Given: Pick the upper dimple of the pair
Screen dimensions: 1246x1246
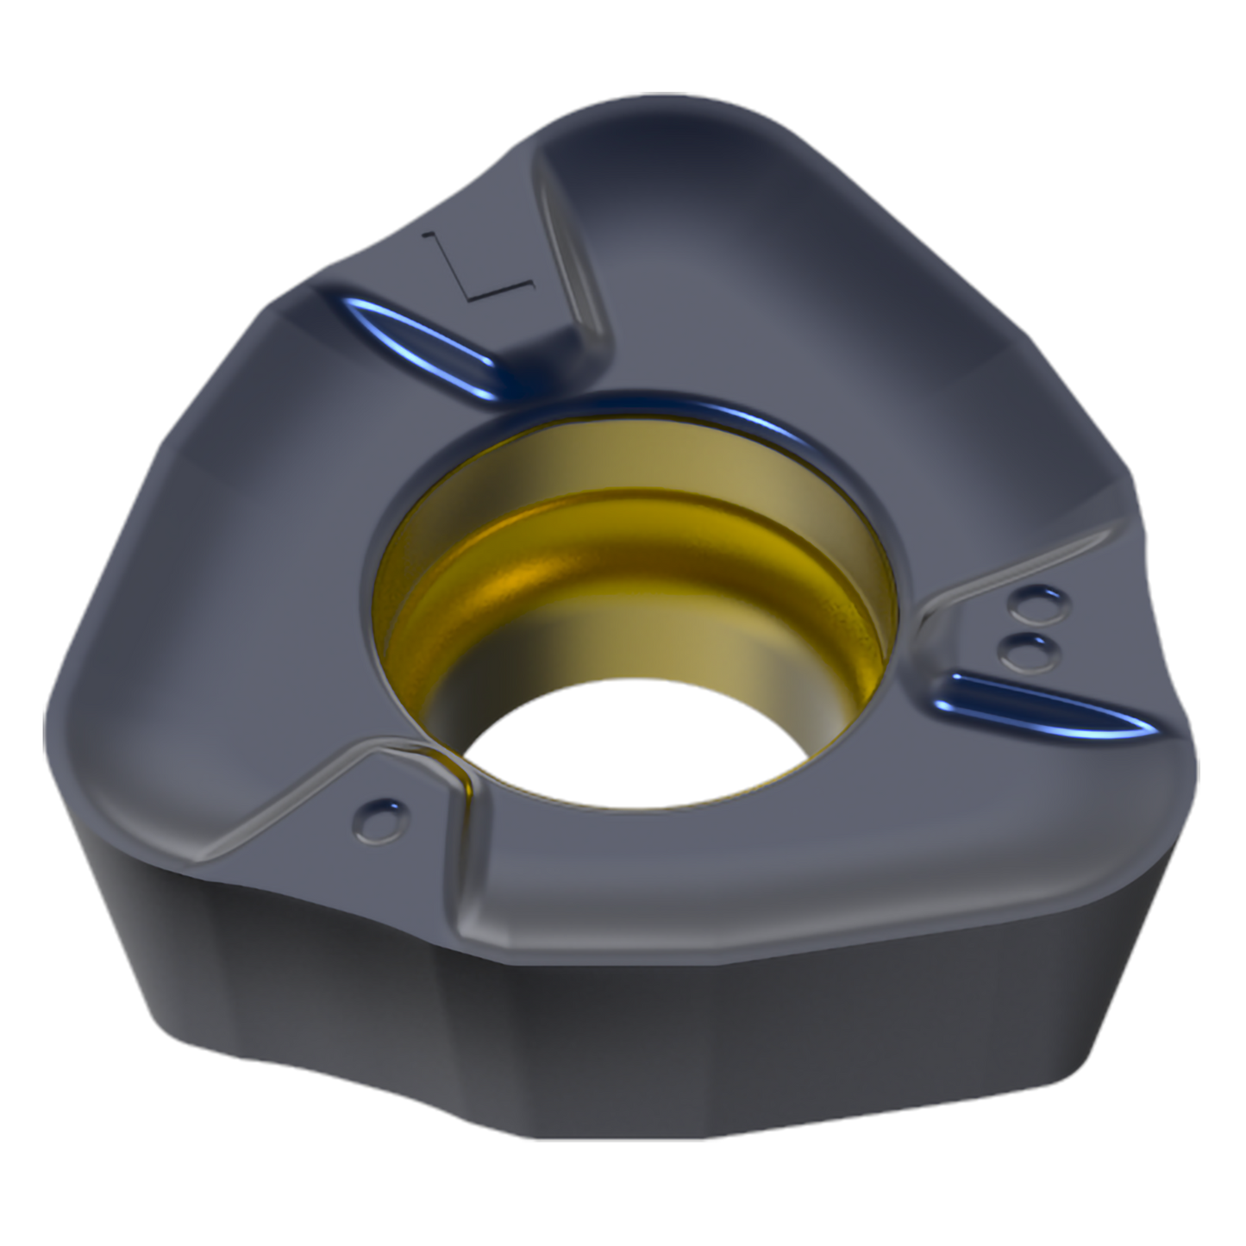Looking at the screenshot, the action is click(x=1039, y=604).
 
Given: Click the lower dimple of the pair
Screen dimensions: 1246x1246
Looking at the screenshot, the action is click(x=1030, y=653).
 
